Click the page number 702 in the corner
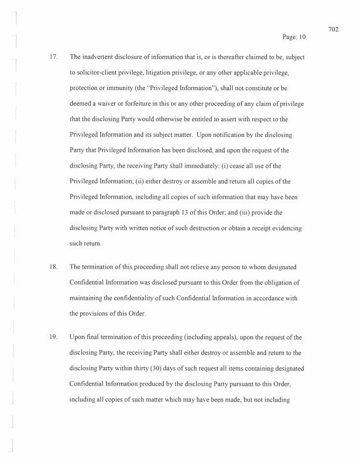[x=333, y=29]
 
